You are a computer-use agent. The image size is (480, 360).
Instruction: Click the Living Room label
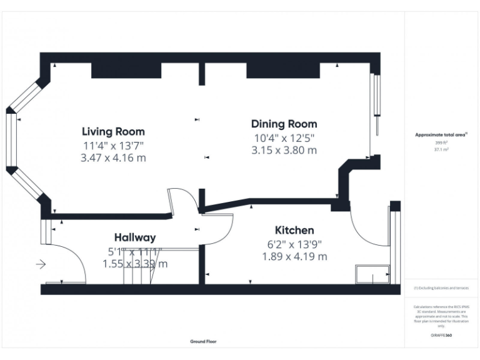click(x=113, y=131)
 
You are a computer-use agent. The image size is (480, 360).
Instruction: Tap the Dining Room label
click(x=284, y=124)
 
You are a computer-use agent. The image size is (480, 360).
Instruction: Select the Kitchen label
click(x=294, y=230)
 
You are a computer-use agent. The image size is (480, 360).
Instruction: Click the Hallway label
click(x=134, y=237)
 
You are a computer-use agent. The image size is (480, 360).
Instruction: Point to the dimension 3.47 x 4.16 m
click(x=113, y=158)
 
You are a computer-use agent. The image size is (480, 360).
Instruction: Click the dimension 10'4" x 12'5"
click(x=284, y=137)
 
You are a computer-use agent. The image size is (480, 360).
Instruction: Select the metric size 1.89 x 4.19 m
click(x=294, y=256)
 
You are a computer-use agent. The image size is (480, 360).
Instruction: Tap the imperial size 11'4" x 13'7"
click(x=113, y=145)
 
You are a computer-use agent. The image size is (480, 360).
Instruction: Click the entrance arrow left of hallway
click(x=41, y=264)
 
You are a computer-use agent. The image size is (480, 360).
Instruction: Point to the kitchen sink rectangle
click(x=372, y=274)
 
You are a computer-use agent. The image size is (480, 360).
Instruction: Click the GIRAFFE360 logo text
click(x=441, y=335)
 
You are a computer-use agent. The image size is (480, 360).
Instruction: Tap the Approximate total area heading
click(x=441, y=134)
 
